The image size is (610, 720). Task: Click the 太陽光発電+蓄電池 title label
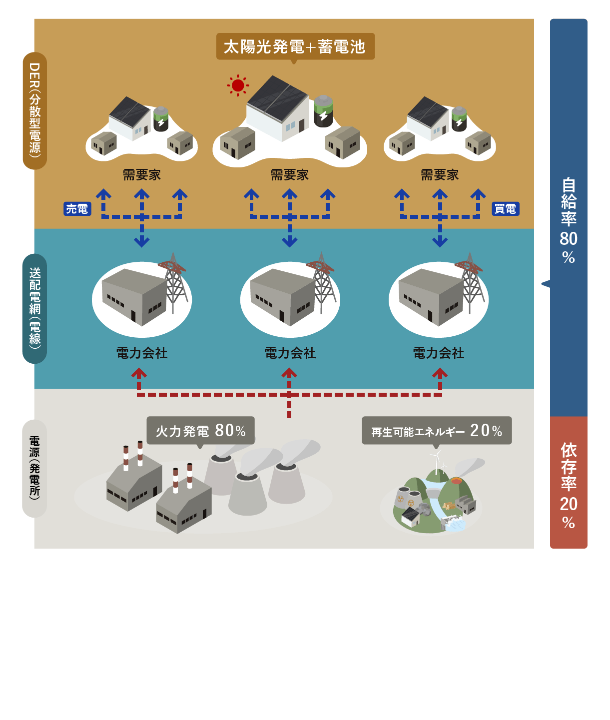coord(295,47)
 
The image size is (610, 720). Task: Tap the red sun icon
coord(238,85)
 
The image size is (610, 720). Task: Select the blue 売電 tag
coord(77,209)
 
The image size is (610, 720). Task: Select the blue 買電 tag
coord(505,209)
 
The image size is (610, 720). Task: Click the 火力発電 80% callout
coord(200,430)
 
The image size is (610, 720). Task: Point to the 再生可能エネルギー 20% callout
coord(436,430)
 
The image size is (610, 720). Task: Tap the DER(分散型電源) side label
coord(35,110)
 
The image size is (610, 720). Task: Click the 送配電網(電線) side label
coord(35,308)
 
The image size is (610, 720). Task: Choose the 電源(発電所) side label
coord(34,468)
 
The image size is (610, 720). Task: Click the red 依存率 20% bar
coord(569,483)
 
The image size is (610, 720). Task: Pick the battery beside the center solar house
coord(323,111)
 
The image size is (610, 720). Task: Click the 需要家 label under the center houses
coord(290,175)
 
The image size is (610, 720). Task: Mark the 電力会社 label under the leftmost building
coord(142,353)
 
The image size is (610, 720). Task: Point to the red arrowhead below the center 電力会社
coord(289,373)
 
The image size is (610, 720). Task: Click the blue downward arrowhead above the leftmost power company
coord(142,242)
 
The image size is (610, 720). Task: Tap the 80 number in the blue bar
coord(569,239)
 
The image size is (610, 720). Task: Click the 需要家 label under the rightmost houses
coord(440,175)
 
